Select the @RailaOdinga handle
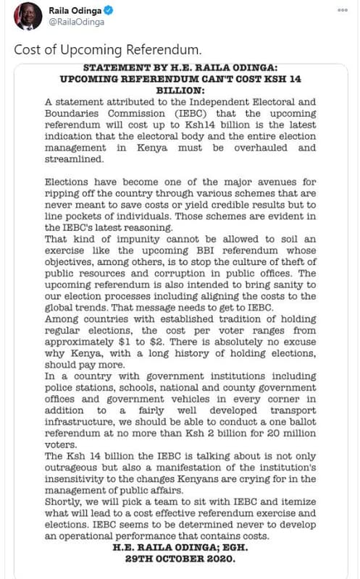tap(75, 22)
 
